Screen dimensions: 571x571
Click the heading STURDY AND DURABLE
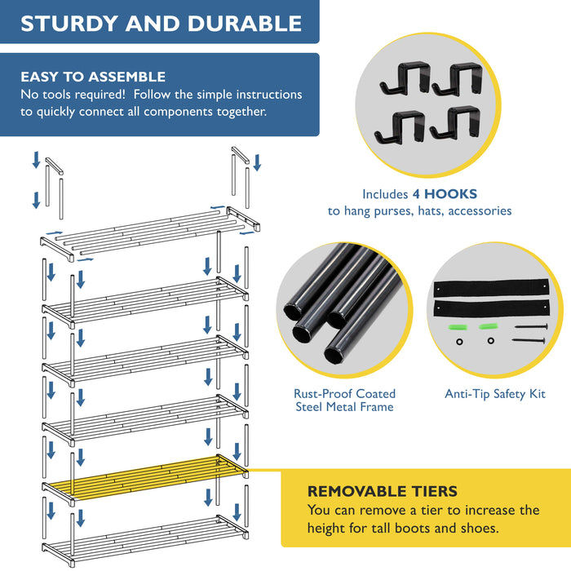point(161,22)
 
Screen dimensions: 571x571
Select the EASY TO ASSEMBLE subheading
point(93,77)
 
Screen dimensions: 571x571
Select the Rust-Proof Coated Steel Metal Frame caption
point(343,400)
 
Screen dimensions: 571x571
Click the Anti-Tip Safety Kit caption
point(495,394)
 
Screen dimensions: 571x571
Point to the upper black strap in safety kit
point(493,287)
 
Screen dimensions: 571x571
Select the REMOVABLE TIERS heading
point(382,491)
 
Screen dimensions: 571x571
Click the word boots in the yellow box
point(437,528)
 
